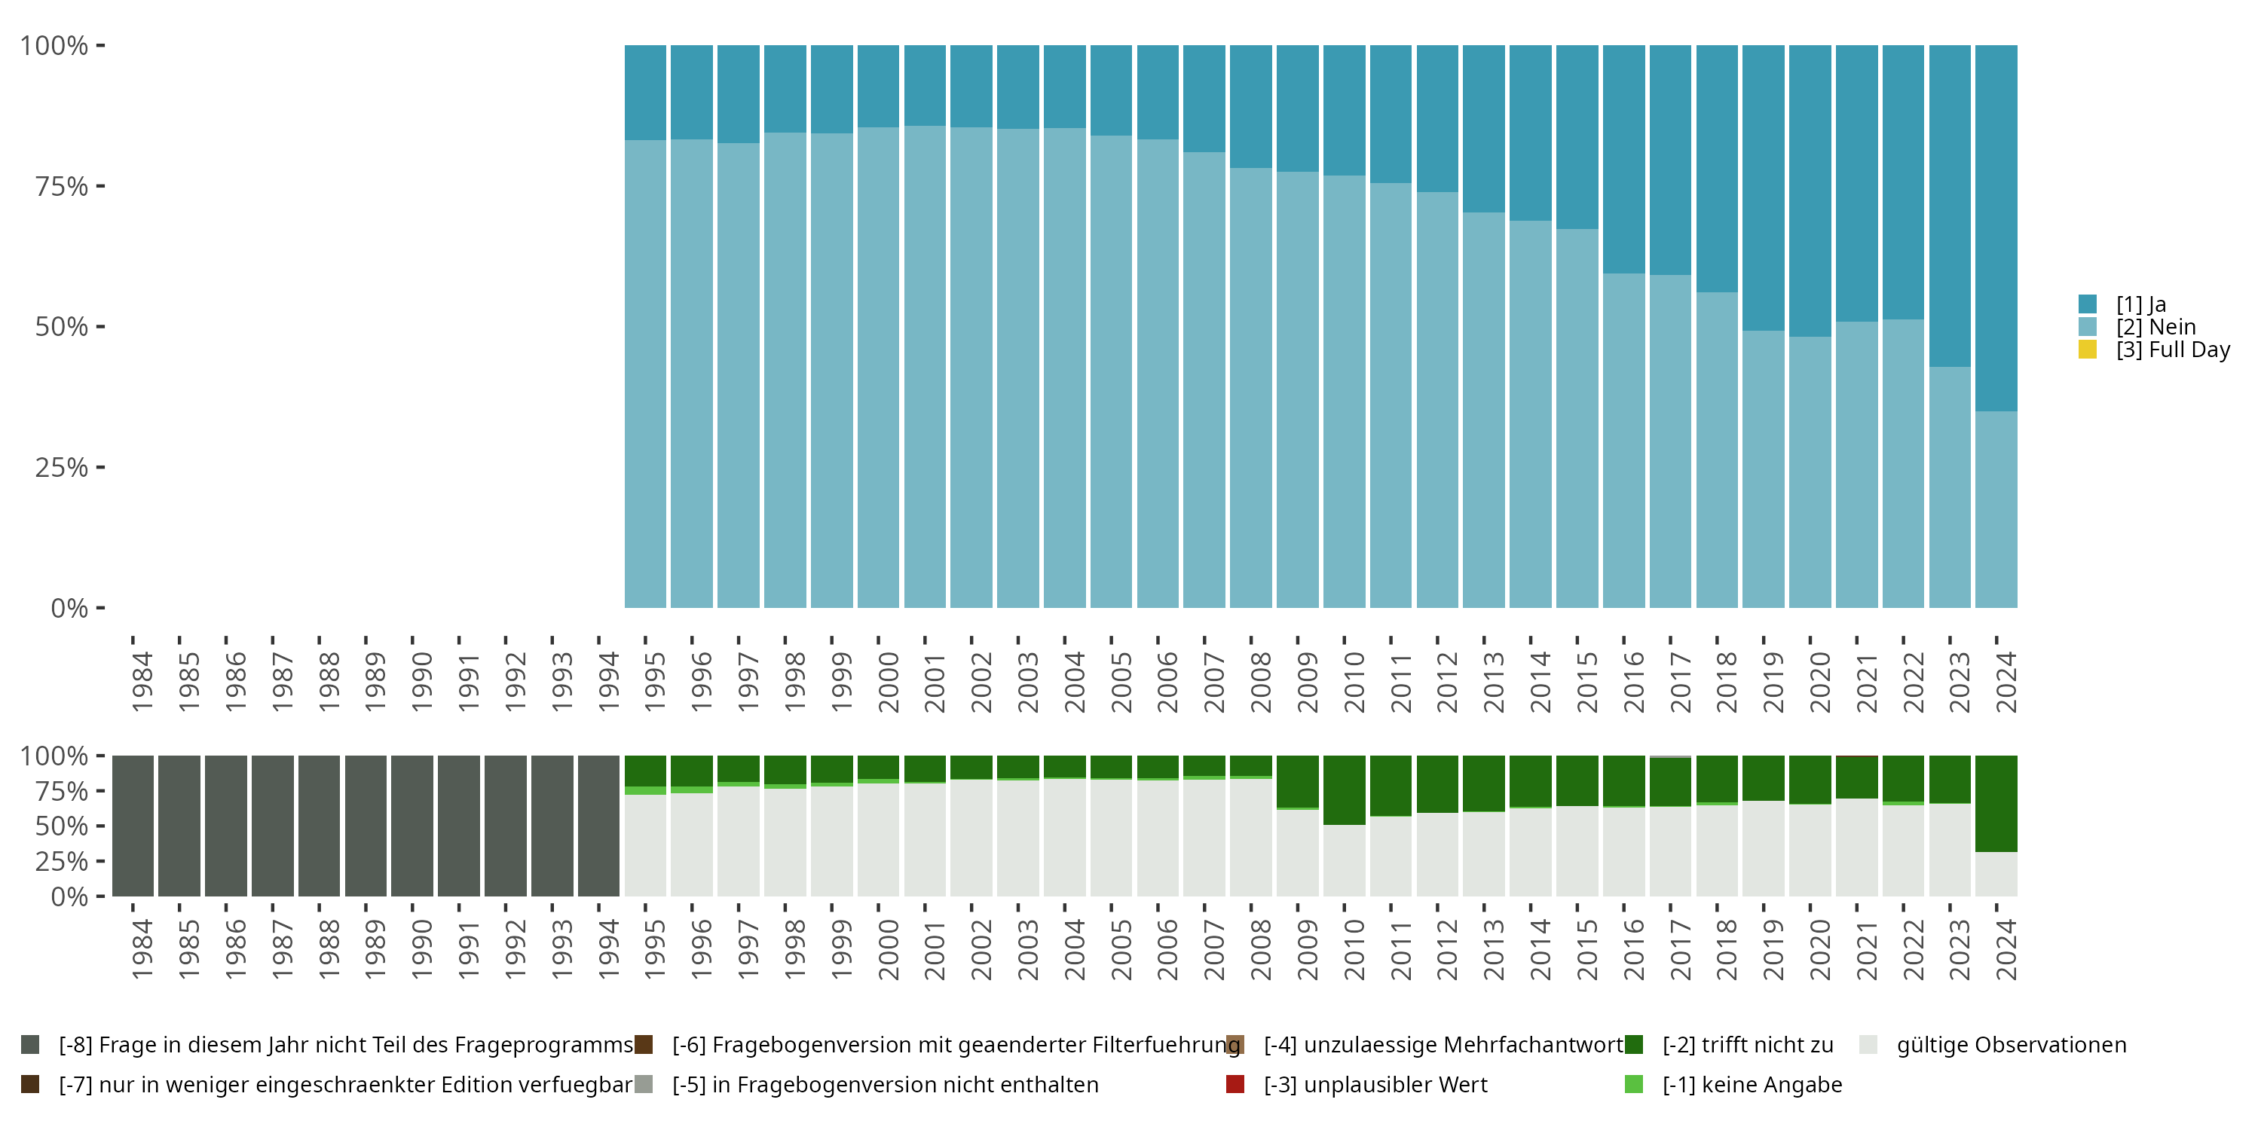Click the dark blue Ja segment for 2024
[1996, 228]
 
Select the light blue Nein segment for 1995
[645, 374]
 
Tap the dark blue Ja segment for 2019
[1764, 188]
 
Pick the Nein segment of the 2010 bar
[1344, 391]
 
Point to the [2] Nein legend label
[2155, 326]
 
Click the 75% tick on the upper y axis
[101, 186]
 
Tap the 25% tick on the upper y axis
[101, 467]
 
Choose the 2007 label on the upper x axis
[1214, 682]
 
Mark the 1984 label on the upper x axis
[142, 682]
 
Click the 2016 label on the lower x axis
[1633, 949]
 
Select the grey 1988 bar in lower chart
[319, 826]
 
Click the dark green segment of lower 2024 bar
[1996, 804]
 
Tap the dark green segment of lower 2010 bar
[1344, 789]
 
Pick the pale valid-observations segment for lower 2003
[1018, 838]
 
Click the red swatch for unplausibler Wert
[1235, 1084]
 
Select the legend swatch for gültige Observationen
[1868, 1045]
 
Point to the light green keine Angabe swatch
[1633, 1084]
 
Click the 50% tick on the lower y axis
[101, 826]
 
